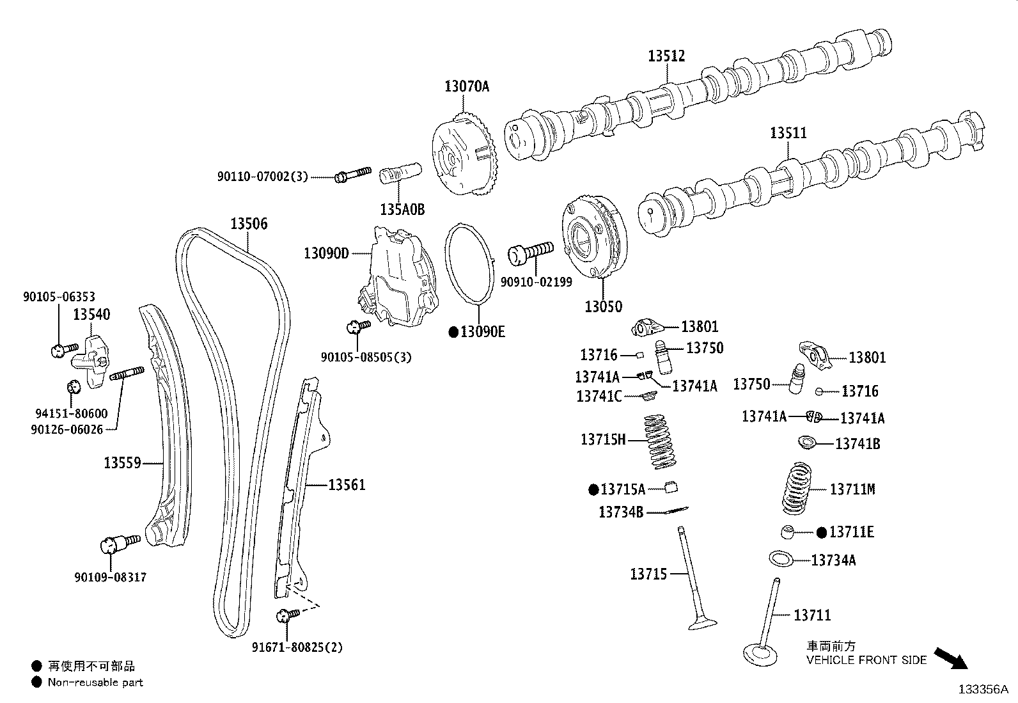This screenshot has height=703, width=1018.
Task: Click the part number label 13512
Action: click(x=666, y=56)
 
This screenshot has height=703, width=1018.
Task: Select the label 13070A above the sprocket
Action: click(x=466, y=86)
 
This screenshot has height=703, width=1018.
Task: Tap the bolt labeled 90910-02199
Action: click(x=530, y=251)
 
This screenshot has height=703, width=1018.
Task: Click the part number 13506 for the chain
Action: click(x=249, y=224)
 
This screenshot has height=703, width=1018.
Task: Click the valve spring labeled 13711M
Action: click(x=801, y=489)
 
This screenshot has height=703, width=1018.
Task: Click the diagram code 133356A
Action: click(x=982, y=690)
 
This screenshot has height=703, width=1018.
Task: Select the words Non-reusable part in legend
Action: click(x=95, y=683)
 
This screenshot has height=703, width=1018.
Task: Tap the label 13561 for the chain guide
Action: click(x=347, y=485)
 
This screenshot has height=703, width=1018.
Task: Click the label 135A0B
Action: click(x=402, y=209)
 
